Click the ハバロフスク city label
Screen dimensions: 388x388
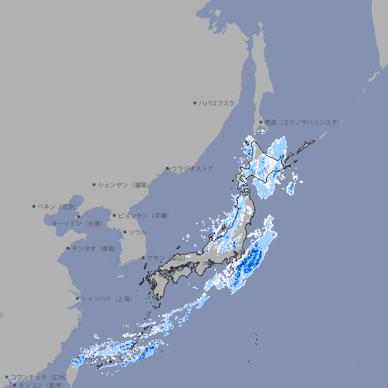pos(217,103)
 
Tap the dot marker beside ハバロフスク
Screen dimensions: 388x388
pos(196,103)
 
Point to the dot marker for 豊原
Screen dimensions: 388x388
pos(261,122)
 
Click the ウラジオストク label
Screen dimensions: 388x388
pos(192,168)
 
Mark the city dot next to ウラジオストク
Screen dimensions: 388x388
pos(167,169)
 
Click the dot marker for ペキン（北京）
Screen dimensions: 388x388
pos(34,206)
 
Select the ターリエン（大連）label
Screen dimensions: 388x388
pos(77,224)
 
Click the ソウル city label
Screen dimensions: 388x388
pos(137,232)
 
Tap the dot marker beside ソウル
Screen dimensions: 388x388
pos(124,232)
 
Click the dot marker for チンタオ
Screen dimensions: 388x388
pos(68,248)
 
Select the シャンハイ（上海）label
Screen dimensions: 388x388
pos(106,299)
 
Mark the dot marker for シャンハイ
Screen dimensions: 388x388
pos(77,299)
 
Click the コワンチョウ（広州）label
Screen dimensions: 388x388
pos(39,377)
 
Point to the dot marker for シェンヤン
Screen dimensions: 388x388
pos(95,184)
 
